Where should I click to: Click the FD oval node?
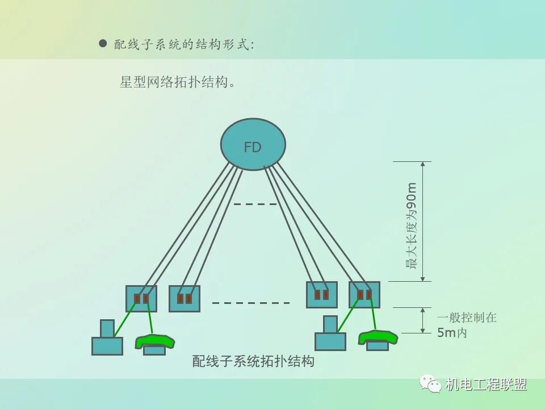pos(253,144)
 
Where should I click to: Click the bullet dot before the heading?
pos(103,43)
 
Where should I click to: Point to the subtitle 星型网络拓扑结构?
pos(177,82)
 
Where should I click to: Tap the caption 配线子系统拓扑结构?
pos(253,361)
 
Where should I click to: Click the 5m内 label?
pos(452,333)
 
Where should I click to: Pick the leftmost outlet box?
pos(141,299)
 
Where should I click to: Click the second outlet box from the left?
pos(185,299)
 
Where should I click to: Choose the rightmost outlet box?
pos(364,295)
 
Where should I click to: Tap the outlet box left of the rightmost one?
pos(321,295)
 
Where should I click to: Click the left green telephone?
pos(154,342)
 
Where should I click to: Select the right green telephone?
pos(378,339)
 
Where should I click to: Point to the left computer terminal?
pos(107,340)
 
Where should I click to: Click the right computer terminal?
pos(330,336)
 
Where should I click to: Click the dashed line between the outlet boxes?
pos(251,303)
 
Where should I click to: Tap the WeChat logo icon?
pos(431,385)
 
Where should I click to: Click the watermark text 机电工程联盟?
pos(486,385)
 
